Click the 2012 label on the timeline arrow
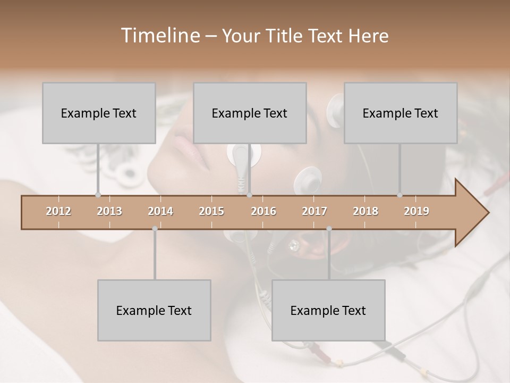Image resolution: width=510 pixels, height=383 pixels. pos(58,211)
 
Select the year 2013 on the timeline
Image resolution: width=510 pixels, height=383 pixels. pos(109,211)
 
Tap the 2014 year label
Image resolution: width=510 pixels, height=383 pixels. pos(160,211)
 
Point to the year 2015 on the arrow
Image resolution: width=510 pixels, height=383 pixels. pos(211,211)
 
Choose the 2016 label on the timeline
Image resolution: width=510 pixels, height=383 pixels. pos(263,211)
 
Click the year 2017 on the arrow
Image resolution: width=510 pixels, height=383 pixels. pos(314,211)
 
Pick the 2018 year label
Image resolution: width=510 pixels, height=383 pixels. pos(365,211)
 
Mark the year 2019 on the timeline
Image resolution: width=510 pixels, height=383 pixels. pos(416,211)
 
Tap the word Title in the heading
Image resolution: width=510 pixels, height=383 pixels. pos(285,36)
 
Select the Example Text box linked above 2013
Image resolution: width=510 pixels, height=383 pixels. pos(99,113)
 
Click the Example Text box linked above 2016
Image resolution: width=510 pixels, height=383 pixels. pos(250,113)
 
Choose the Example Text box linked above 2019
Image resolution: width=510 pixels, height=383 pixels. pos(401,113)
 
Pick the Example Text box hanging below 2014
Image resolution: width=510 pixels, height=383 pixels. pos(154,310)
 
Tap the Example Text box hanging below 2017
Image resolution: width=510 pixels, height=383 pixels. pos(328,310)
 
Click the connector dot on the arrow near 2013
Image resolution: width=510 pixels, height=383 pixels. pos(98,195)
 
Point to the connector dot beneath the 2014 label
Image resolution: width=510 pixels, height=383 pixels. pos(155,229)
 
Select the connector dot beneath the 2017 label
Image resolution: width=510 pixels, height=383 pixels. pos(329,229)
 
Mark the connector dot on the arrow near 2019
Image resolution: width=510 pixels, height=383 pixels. pos(400,195)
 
